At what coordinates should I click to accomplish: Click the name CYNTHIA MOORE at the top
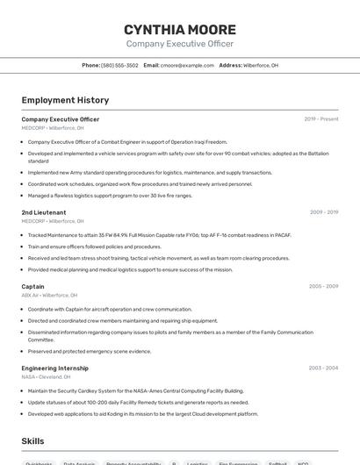pyautogui.click(x=179, y=29)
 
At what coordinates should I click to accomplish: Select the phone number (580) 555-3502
pyautogui.click(x=119, y=65)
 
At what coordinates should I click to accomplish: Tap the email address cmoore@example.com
pyautogui.click(x=187, y=65)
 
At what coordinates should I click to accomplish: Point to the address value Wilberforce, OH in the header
pyautogui.click(x=261, y=65)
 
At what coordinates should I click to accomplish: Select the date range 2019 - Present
pyautogui.click(x=320, y=119)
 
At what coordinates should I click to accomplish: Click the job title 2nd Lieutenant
pyautogui.click(x=44, y=212)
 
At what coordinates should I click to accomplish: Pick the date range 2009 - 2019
pyautogui.click(x=323, y=212)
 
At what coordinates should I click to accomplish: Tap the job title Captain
pyautogui.click(x=32, y=286)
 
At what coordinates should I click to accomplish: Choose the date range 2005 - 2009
pyautogui.click(x=323, y=286)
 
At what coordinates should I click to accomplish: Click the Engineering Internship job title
pyautogui.click(x=54, y=368)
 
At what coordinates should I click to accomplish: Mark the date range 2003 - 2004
pyautogui.click(x=323, y=368)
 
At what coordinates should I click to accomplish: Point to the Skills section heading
pyautogui.click(x=32, y=441)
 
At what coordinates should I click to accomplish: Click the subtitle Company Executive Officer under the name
pyautogui.click(x=179, y=43)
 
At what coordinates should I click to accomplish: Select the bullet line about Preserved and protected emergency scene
pyautogui.click(x=90, y=351)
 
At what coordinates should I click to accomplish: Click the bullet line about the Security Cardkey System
pyautogui.click(x=135, y=390)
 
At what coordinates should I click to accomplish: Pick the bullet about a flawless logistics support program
pyautogui.click(x=110, y=195)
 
